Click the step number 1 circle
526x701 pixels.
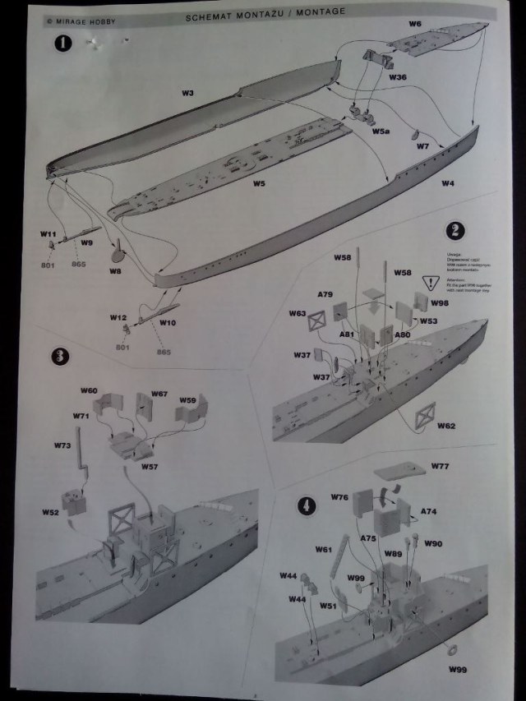pyautogui.click(x=61, y=44)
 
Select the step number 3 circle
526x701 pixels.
pyautogui.click(x=58, y=357)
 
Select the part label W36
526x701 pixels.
pyautogui.click(x=398, y=76)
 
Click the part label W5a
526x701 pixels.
pyautogui.click(x=381, y=131)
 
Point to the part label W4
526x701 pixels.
pyautogui.click(x=448, y=182)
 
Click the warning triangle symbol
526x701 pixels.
pyautogui.click(x=427, y=284)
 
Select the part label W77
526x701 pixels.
pyautogui.click(x=441, y=468)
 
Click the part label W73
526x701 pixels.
pyautogui.click(x=62, y=445)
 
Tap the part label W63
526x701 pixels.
pyautogui.click(x=298, y=313)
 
